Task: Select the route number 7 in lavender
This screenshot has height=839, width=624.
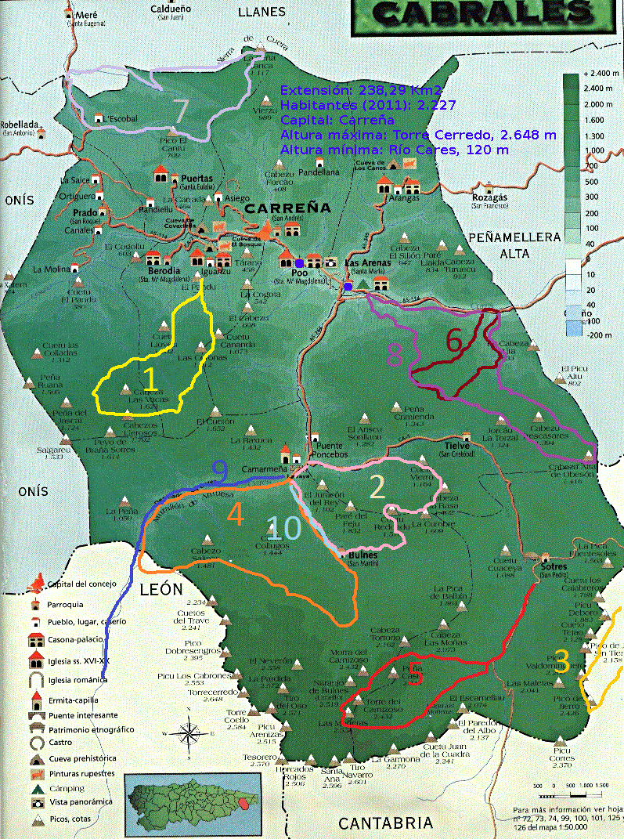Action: tap(181, 110)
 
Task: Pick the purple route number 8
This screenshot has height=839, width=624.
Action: tap(396, 354)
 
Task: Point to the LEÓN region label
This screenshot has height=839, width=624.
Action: tap(161, 588)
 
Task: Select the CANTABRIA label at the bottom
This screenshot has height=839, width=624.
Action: tap(385, 823)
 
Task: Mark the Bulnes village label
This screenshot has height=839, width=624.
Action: tap(359, 555)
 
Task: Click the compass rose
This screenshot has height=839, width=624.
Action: tap(189, 733)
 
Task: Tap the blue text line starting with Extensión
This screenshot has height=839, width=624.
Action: tap(357, 89)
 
